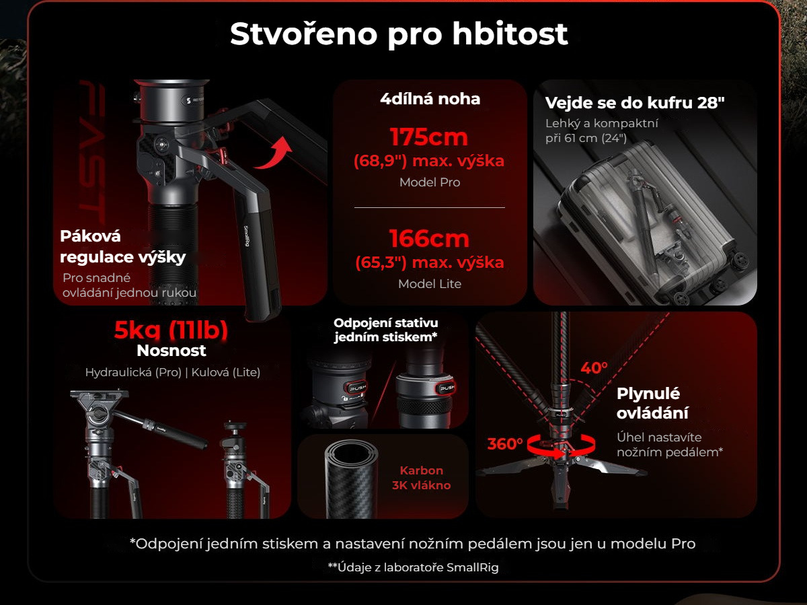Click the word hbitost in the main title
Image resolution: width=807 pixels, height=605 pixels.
(x=510, y=34)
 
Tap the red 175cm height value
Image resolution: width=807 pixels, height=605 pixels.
(x=429, y=137)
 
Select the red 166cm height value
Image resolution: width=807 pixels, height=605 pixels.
(x=429, y=239)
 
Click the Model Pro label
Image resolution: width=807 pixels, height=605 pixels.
(x=430, y=182)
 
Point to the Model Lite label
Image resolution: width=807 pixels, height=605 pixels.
(x=430, y=284)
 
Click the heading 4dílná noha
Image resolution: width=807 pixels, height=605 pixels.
(x=430, y=99)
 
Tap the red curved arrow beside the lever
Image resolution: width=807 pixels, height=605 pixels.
(x=274, y=153)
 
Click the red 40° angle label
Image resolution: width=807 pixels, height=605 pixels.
(x=594, y=368)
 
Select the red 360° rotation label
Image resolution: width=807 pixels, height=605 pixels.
(x=505, y=444)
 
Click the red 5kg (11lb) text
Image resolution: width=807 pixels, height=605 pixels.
(x=171, y=330)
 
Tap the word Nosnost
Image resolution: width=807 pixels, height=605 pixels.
(x=171, y=351)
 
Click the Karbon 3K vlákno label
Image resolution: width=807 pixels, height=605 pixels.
(x=422, y=478)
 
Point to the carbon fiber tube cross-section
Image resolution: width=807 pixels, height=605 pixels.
(x=352, y=478)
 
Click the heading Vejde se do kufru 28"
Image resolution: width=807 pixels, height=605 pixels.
(x=635, y=103)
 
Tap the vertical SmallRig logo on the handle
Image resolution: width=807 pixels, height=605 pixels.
(x=247, y=236)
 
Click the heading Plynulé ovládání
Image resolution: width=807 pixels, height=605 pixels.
(x=652, y=404)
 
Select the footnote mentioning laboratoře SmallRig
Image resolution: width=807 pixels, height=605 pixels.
(x=413, y=567)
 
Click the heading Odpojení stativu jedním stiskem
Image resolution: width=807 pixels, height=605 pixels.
(x=385, y=330)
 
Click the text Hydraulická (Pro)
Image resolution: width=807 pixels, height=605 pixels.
(x=133, y=373)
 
